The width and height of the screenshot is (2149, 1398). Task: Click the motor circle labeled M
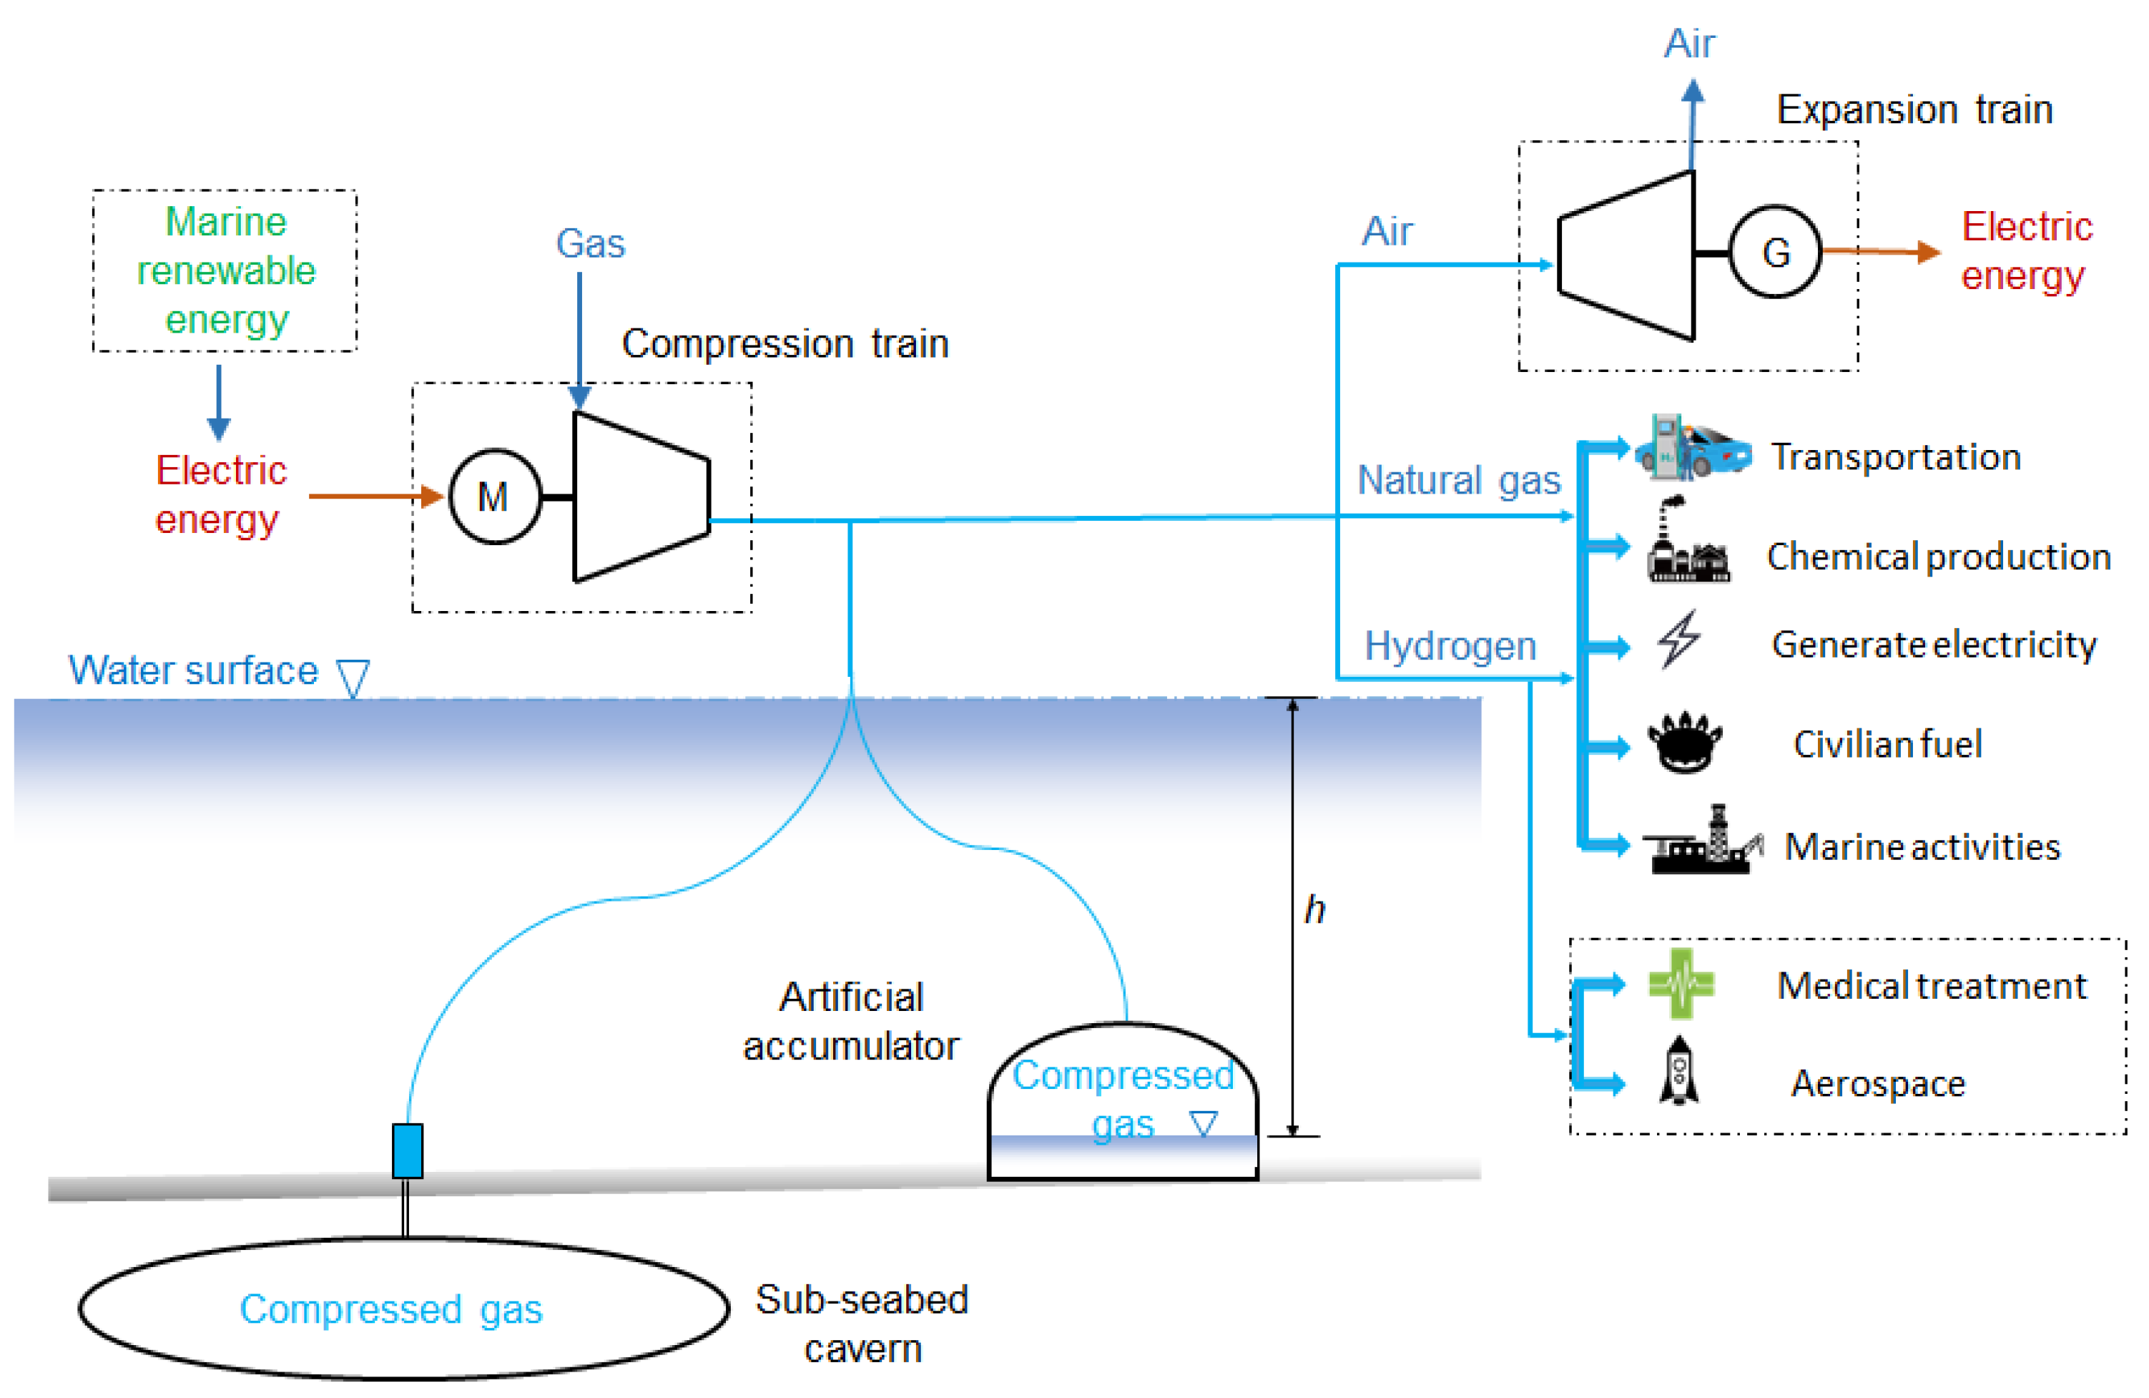(x=495, y=497)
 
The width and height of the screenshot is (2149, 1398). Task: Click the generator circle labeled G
(x=1775, y=252)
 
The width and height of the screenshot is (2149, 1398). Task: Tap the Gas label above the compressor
(x=589, y=244)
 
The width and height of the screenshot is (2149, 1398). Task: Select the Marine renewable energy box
(x=225, y=270)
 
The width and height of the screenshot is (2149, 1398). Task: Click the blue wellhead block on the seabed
(x=407, y=1150)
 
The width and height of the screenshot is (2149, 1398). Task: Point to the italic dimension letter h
(x=1314, y=909)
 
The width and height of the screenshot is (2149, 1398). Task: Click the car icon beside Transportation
(x=1692, y=447)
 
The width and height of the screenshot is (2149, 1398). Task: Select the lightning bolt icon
(x=1678, y=640)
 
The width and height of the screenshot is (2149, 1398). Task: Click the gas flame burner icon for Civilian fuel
(x=1684, y=743)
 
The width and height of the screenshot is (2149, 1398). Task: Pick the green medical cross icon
(x=1681, y=984)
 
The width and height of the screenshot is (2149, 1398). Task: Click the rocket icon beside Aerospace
(x=1678, y=1071)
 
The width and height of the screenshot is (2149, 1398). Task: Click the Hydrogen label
(x=1450, y=647)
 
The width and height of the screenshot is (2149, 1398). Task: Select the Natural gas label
(x=1459, y=481)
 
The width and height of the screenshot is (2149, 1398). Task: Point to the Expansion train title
(x=1914, y=110)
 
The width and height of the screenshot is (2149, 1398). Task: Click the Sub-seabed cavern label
(x=862, y=1324)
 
